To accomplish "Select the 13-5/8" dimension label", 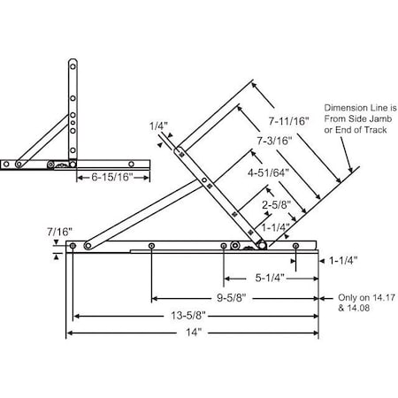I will click(x=195, y=315).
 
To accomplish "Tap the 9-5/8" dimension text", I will click(x=233, y=297).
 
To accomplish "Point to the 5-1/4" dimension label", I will click(x=270, y=277).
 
